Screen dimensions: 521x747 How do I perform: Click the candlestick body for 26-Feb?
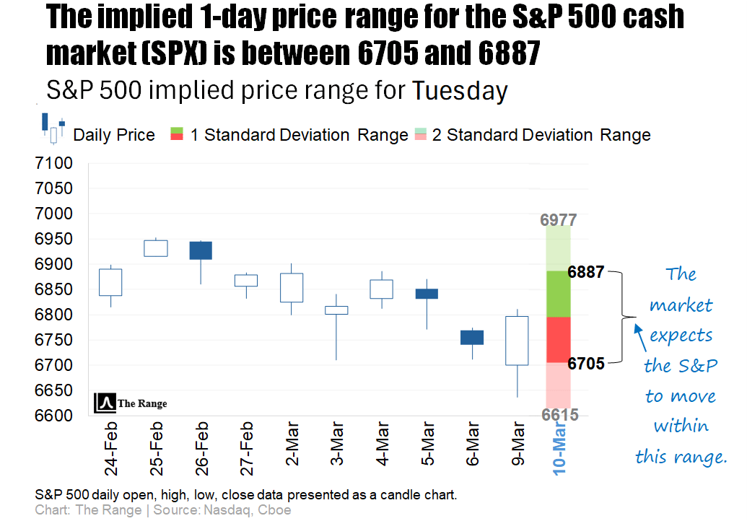(x=201, y=250)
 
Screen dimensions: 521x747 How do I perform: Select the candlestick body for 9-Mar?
(x=517, y=341)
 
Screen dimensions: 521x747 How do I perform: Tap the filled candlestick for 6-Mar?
(x=472, y=337)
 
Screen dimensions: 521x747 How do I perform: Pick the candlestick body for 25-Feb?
(x=156, y=248)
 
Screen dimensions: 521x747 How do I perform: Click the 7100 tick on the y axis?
(x=53, y=164)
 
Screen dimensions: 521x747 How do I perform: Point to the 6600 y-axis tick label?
(x=53, y=416)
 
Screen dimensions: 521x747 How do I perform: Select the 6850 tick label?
(x=53, y=289)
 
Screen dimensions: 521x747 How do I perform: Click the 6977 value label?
(x=559, y=219)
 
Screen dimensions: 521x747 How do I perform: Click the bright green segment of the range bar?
(x=559, y=294)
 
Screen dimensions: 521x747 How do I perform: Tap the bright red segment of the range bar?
(x=559, y=339)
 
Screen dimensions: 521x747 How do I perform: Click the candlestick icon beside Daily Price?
(x=53, y=128)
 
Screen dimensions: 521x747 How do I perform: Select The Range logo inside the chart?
(x=131, y=403)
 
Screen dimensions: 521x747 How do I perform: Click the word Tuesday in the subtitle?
(x=460, y=92)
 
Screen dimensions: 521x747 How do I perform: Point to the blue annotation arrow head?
(x=637, y=328)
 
